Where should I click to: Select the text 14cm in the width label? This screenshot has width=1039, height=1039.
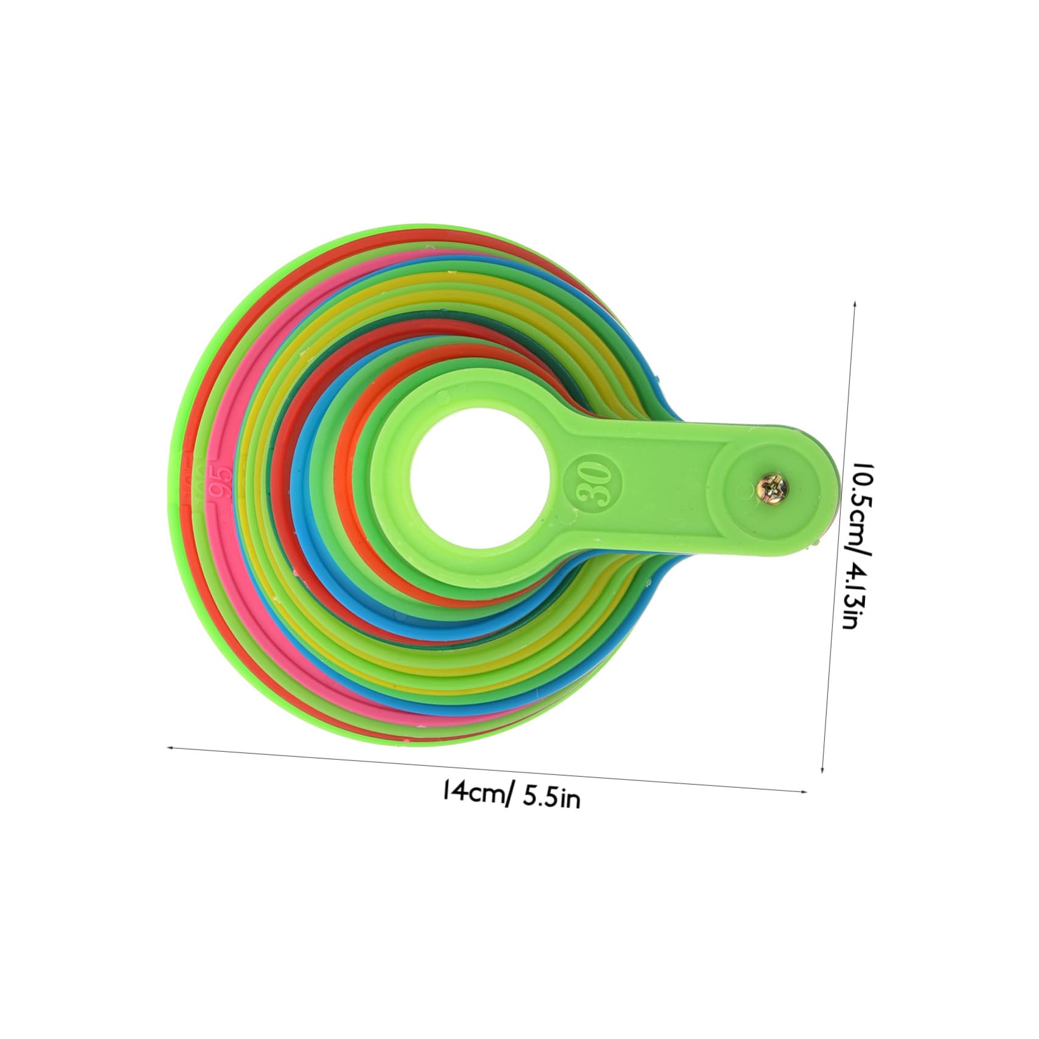tap(470, 796)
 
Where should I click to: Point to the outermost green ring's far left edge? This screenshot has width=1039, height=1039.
tap(185, 487)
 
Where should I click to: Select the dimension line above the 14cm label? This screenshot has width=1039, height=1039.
tap(487, 769)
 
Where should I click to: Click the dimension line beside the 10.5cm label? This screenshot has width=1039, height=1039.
tap(840, 535)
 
